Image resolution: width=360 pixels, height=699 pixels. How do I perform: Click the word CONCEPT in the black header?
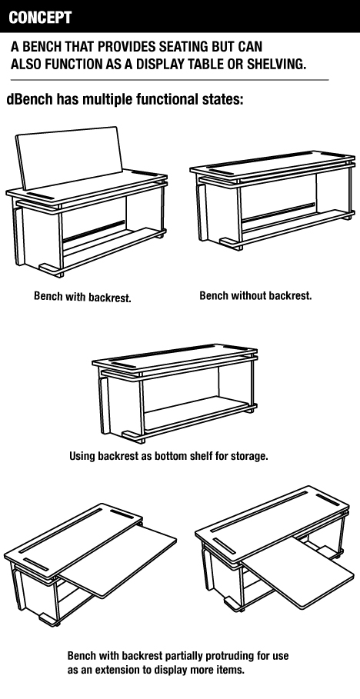pos(40,18)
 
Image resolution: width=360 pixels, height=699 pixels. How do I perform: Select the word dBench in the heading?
pos(29,99)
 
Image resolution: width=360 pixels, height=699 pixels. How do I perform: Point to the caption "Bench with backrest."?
pos(82,297)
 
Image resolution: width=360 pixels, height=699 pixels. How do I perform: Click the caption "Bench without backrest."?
pos(255,295)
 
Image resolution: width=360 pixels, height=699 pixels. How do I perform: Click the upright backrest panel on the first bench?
pos(69,157)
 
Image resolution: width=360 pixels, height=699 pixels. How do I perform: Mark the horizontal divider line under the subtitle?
pos(169,80)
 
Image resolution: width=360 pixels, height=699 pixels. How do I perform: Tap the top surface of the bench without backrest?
pos(272,163)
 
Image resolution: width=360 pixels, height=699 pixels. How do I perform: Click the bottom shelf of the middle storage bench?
pos(196,414)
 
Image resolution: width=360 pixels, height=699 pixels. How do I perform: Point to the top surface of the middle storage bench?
pos(175,356)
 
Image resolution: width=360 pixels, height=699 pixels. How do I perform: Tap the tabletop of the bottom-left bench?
pos(73,539)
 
